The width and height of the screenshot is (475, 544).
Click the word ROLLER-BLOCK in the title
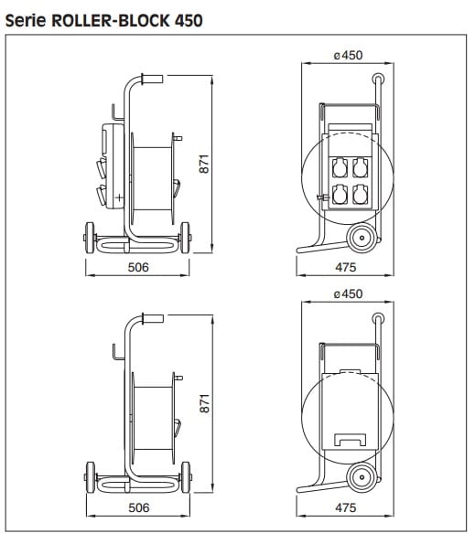[111, 20]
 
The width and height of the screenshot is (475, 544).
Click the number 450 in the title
[189, 20]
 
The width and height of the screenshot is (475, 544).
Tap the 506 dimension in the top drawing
[138, 268]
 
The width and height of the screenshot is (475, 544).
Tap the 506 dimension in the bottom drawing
[138, 508]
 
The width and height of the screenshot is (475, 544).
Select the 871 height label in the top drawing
[204, 164]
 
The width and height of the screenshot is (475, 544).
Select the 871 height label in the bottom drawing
[204, 403]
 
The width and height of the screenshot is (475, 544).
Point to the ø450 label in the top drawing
[348, 55]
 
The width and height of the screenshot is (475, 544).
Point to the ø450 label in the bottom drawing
[348, 294]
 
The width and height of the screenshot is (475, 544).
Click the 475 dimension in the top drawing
[346, 268]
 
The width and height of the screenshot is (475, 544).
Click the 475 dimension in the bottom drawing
[346, 508]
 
